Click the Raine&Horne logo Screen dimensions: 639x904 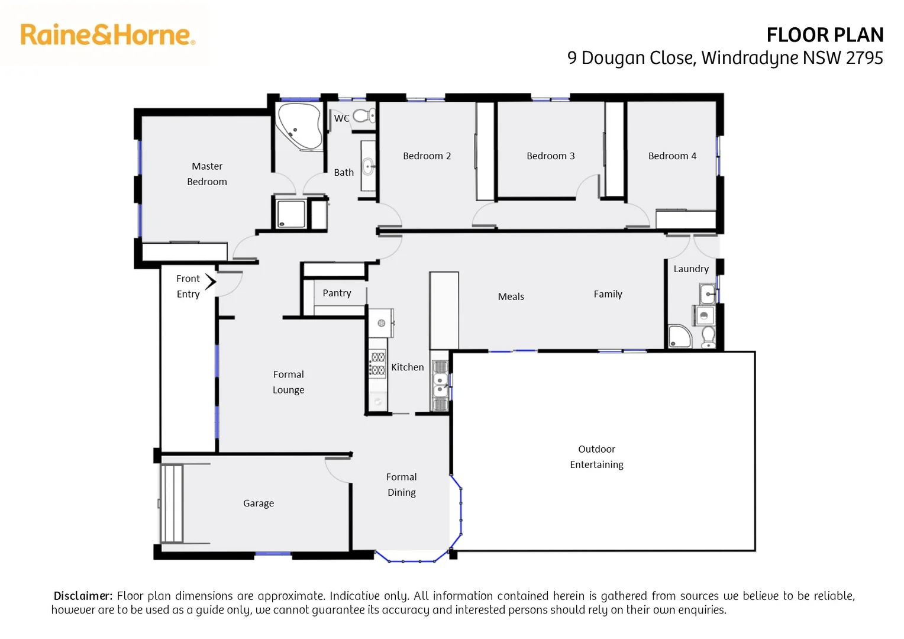point(107,35)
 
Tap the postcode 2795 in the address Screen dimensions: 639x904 point(864,58)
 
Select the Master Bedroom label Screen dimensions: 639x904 point(207,174)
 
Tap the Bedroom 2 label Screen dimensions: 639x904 point(427,156)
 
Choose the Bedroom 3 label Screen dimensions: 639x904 point(550,156)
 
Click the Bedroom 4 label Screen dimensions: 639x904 point(672,156)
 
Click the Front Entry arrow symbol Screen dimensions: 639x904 point(211,282)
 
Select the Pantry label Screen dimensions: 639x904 point(337,293)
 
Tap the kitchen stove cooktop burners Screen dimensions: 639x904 point(377,363)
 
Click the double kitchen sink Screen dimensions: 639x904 point(440,385)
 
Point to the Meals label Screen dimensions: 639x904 point(511,297)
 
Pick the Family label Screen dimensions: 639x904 point(608,294)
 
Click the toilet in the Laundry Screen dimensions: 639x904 point(708,337)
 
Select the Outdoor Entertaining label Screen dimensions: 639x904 point(596,457)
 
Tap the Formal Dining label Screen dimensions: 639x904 point(401,485)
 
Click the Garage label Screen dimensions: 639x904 point(258,504)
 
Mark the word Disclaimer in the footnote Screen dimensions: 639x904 point(83,596)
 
